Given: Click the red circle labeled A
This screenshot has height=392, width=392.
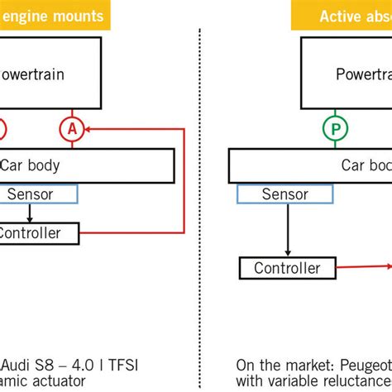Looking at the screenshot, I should click(x=72, y=128).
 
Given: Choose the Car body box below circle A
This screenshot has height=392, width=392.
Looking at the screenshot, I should click(x=83, y=165).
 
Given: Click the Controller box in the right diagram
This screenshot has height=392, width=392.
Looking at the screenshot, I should click(x=287, y=268).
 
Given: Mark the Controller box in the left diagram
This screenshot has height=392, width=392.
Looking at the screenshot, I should click(x=37, y=233).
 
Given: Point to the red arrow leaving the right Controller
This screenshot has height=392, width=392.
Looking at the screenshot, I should click(x=364, y=266).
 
